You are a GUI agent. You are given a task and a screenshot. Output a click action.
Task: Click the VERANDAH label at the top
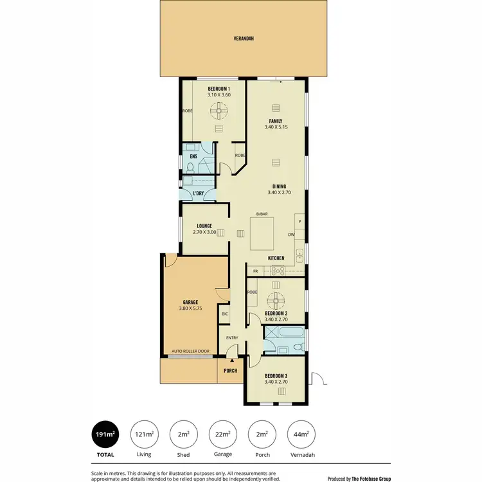click(244, 39)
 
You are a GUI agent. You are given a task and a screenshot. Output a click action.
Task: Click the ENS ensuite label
click(193, 156)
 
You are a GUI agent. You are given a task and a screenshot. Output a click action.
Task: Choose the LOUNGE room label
click(204, 226)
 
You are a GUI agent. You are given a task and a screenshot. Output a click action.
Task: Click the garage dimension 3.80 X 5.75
click(190, 308)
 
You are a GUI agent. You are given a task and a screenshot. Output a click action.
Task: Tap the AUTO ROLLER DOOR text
click(190, 352)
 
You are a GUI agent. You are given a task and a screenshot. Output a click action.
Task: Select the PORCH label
click(230, 371)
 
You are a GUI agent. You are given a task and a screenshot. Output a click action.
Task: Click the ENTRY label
click(232, 338)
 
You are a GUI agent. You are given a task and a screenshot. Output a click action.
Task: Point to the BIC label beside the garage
click(224, 314)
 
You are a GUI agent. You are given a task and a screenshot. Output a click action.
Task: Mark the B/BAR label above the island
click(262, 213)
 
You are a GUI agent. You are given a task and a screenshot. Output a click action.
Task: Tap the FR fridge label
click(255, 271)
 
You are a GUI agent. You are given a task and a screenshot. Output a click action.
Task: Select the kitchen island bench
click(263, 235)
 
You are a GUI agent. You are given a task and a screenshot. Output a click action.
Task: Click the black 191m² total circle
click(105, 435)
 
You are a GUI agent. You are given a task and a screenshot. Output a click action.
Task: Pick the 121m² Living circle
click(144, 435)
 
